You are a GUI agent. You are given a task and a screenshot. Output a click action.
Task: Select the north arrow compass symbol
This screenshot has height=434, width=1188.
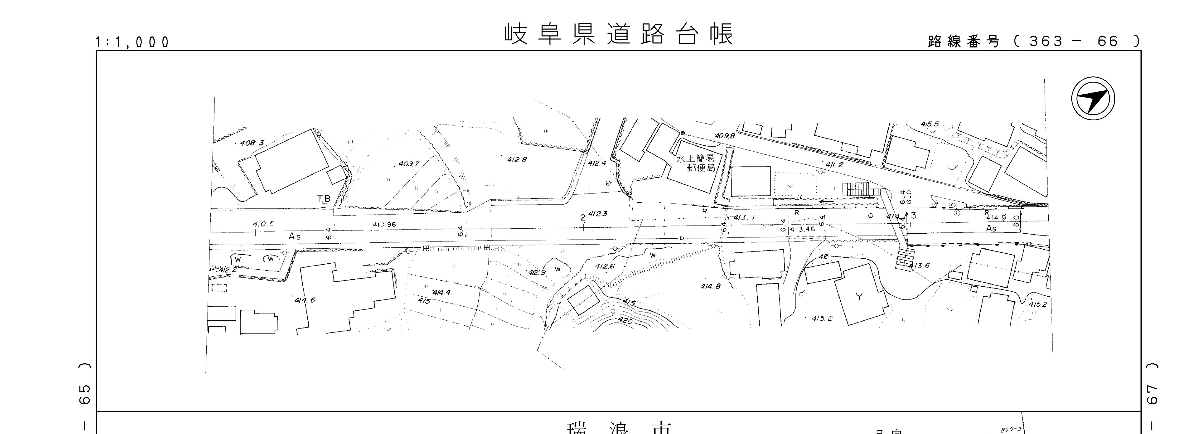1093,99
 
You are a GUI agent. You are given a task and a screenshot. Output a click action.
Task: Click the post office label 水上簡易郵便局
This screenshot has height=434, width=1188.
696,163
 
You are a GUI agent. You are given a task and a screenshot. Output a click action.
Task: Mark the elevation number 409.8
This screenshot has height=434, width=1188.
725,136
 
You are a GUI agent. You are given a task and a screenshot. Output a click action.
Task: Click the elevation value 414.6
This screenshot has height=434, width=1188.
305,300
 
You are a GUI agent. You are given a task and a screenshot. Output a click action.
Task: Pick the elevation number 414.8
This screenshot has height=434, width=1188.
710,286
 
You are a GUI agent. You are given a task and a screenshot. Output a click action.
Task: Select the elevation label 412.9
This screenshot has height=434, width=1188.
537,272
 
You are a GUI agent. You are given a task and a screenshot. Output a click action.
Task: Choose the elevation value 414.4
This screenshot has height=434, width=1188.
441,292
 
